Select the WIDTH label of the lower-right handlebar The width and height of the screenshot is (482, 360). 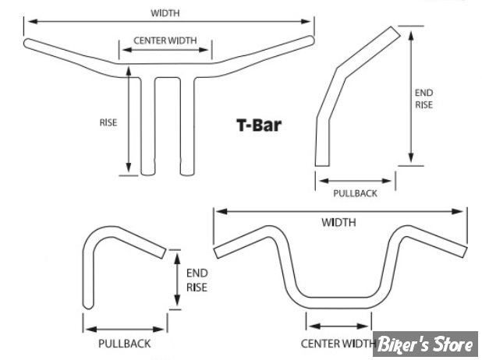(x=338, y=222)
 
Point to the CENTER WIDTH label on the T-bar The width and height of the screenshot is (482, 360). (x=165, y=40)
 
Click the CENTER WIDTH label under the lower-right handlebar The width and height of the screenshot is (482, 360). (x=338, y=343)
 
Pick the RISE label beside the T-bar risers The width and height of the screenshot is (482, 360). (x=108, y=122)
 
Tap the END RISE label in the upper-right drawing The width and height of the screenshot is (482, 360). (x=424, y=98)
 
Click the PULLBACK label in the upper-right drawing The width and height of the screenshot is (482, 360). (x=355, y=193)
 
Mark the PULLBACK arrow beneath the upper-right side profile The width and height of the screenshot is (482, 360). (x=355, y=179)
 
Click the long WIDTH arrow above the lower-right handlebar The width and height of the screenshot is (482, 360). (x=339, y=210)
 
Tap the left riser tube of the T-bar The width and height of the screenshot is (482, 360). (x=146, y=125)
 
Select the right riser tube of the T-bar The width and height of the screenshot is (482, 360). (x=186, y=125)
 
